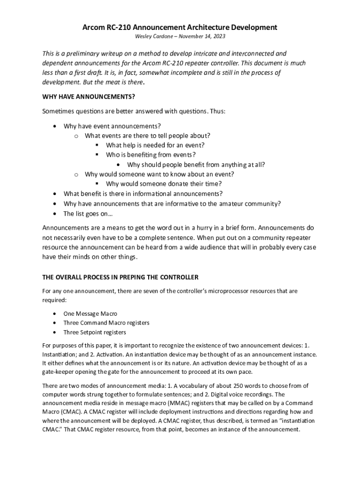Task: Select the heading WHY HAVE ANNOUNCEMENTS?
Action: pyautogui.click(x=88, y=97)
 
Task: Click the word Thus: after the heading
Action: pyautogui.click(x=217, y=111)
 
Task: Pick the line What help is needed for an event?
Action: pyautogui.click(x=155, y=145)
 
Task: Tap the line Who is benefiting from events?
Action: pyautogui.click(x=151, y=155)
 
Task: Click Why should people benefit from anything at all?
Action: pyautogui.click(x=196, y=165)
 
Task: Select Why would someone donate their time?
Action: pyautogui.click(x=164, y=184)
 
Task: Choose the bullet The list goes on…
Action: pyautogui.click(x=88, y=214)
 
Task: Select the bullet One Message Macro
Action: pyautogui.click(x=90, y=313)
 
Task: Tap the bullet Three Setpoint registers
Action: pyautogui.click(x=95, y=333)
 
